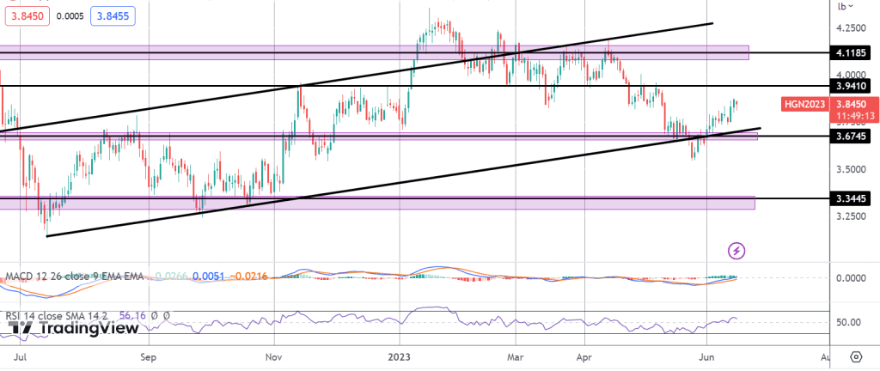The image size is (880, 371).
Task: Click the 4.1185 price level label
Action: coord(854,52)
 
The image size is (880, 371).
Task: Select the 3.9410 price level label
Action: coord(854,86)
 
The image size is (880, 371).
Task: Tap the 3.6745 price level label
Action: coord(854,136)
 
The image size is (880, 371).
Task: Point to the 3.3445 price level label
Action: coord(854,198)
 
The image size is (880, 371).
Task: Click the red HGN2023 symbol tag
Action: coord(804,104)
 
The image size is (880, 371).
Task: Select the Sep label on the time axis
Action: coord(149,355)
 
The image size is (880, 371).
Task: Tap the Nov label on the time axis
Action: coord(273,355)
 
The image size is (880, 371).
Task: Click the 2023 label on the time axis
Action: coord(400,355)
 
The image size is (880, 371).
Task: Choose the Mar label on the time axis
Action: coord(515,355)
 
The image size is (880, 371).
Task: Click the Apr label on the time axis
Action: coord(585,355)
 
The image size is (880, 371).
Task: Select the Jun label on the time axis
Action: coord(706,355)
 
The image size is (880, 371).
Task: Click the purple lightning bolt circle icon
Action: coord(736,251)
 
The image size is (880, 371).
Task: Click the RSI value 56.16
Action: coord(131,315)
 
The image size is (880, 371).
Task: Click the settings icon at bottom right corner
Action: coord(856,356)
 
